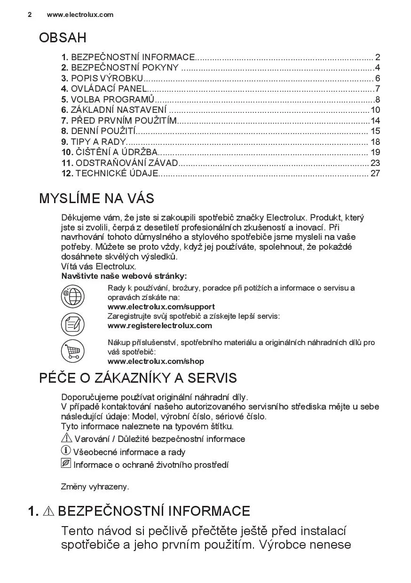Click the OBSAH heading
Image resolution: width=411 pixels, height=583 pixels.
coord(63,38)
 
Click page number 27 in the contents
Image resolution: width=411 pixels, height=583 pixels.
coord(375,173)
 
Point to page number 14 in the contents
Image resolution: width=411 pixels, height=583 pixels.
coord(375,120)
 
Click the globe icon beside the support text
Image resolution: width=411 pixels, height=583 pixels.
coord(72,297)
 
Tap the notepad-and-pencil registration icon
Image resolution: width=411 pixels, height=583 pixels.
coord(72,324)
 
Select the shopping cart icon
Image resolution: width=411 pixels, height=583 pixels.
coord(72,351)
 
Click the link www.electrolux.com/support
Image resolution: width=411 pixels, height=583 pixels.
coord(161,307)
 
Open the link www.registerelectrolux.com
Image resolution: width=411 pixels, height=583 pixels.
coord(160,325)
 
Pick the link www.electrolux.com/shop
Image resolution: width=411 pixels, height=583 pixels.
coord(156,361)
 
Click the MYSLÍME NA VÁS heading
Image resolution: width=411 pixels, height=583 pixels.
coord(96,198)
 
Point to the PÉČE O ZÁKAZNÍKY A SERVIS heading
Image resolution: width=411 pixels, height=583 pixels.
coord(138,378)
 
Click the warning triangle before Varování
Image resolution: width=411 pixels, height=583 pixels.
coord(66,438)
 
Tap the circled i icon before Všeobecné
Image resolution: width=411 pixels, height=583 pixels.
coord(66,451)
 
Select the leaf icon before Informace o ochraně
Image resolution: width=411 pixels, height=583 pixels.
coord(66,464)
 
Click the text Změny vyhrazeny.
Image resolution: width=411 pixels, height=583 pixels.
coord(95,487)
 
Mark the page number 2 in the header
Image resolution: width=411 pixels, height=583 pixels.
coord(30,15)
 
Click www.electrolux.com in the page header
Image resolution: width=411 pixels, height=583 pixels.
coord(80,15)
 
